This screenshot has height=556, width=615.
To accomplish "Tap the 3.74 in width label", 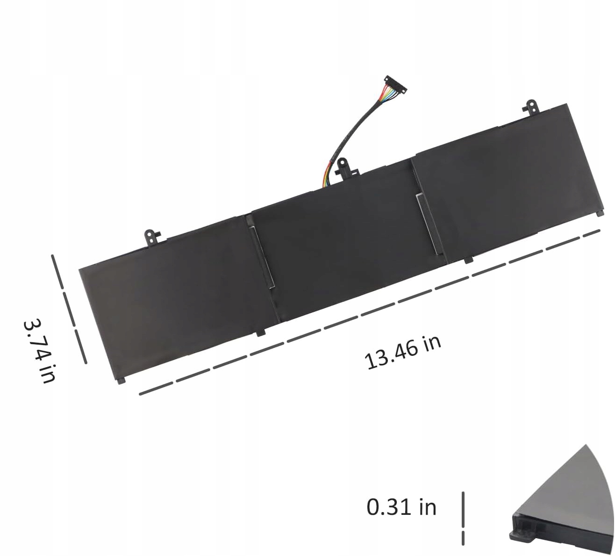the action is pos(40,351).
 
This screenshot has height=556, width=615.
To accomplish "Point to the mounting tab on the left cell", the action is pos(152,236).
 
